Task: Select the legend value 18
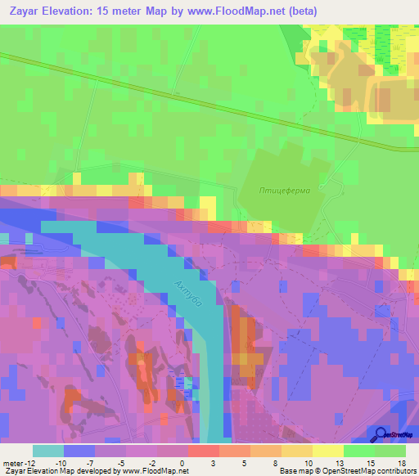[401, 462]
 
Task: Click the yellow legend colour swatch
[328, 451]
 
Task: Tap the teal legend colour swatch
[48, 451]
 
